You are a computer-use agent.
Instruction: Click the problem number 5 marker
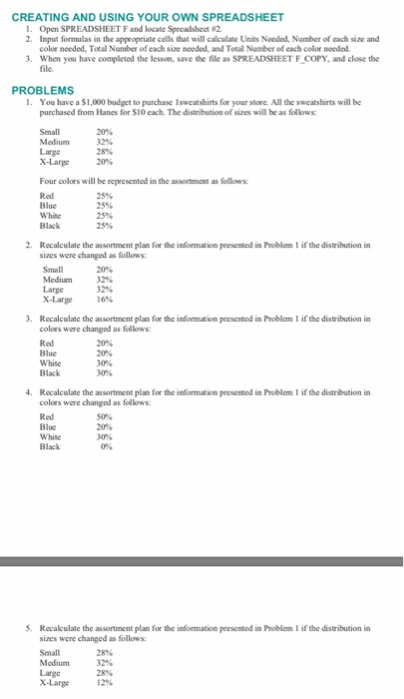click(27, 627)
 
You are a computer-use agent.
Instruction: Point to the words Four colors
click(60, 183)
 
